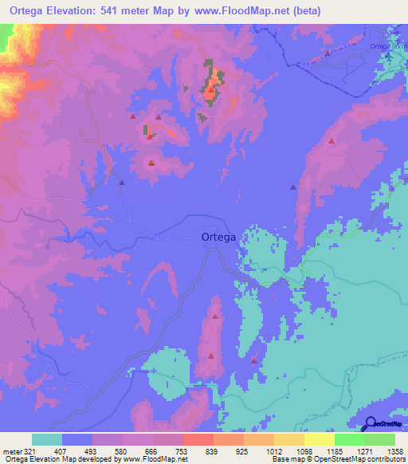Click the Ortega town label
point(218,237)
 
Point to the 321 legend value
point(25,450)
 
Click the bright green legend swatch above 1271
point(350,439)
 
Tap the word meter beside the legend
point(10,450)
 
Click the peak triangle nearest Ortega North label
point(328,53)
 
